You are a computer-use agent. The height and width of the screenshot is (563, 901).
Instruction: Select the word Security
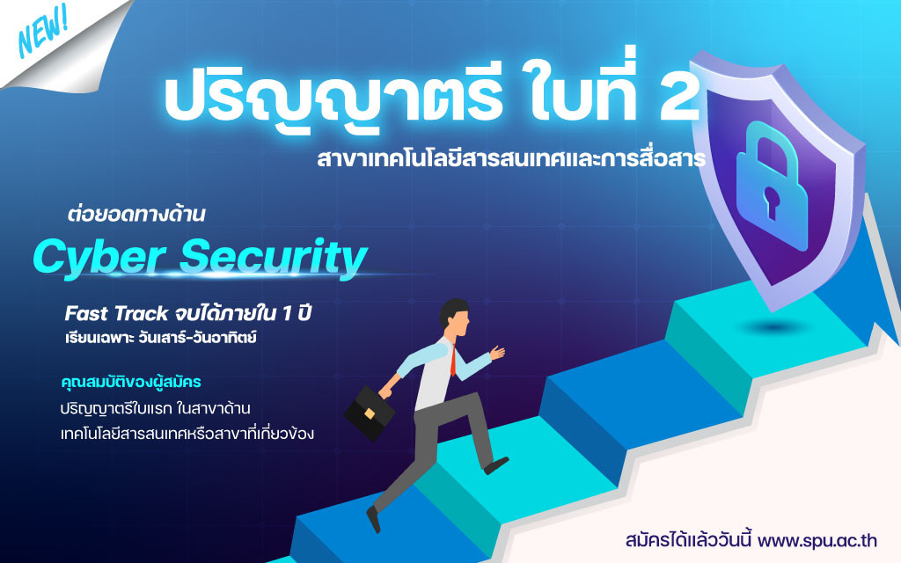tap(274, 258)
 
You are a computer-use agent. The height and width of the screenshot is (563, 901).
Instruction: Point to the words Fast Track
tap(116, 314)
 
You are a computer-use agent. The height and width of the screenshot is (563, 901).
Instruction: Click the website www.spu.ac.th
tap(817, 541)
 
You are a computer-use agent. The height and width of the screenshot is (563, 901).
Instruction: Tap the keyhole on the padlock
tap(771, 201)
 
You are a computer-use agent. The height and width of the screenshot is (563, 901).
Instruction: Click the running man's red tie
tap(453, 360)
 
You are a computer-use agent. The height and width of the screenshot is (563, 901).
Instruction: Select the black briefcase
tap(369, 413)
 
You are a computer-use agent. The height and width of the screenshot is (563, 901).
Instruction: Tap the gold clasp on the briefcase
tap(370, 413)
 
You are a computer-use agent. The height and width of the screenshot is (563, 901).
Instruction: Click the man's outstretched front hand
tap(498, 352)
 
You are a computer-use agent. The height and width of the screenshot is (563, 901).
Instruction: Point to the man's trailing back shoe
tap(373, 518)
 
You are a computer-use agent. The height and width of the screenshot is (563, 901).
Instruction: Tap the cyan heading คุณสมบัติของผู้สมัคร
tap(130, 382)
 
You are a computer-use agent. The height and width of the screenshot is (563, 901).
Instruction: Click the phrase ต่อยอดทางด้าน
tap(136, 215)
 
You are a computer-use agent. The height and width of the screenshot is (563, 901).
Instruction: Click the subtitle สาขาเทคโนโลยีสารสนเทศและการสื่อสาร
tap(511, 158)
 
